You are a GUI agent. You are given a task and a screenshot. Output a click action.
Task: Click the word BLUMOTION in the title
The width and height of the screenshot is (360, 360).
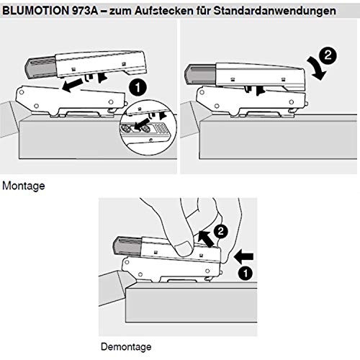pos(35,11)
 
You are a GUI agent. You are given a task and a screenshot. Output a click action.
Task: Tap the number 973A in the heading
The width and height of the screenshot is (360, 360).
pos(85,11)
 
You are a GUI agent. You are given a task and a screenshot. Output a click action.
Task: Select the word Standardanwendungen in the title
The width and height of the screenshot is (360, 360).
pos(274,11)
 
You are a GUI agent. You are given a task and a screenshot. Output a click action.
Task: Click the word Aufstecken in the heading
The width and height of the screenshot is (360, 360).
pos(164,11)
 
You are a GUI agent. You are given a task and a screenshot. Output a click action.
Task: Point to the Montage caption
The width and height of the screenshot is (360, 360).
pos(24,186)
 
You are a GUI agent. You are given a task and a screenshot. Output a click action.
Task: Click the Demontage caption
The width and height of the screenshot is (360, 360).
pos(126,347)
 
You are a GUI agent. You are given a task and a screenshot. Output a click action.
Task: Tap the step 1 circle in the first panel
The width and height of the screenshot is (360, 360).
pos(138,88)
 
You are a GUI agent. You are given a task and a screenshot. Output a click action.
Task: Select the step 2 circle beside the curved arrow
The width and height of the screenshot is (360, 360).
pos(328,55)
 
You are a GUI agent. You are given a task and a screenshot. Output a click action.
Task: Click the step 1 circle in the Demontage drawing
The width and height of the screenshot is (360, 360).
pos(246,274)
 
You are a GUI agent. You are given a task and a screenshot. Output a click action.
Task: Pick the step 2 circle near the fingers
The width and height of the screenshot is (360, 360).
pos(220,231)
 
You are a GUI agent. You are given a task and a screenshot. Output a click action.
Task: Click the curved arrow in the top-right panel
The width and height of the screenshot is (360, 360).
pos(318,69)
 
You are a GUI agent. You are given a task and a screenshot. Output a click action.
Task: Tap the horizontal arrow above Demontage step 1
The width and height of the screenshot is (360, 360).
pos(243,256)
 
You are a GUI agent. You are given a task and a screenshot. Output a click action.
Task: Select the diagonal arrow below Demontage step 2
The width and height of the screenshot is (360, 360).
pos(206,238)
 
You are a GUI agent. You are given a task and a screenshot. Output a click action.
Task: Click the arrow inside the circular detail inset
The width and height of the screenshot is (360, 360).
pos(141,125)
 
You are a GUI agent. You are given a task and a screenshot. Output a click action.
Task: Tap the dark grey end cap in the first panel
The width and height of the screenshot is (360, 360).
pos(40,68)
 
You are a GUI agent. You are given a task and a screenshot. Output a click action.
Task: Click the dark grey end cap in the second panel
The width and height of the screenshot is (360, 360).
pos(200,74)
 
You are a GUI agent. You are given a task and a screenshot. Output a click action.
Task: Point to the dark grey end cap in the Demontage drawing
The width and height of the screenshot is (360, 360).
pos(127,247)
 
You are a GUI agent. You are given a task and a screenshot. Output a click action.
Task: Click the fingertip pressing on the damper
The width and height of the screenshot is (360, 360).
pos(184,249)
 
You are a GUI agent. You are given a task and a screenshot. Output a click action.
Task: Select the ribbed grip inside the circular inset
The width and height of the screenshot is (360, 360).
pos(161,128)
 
